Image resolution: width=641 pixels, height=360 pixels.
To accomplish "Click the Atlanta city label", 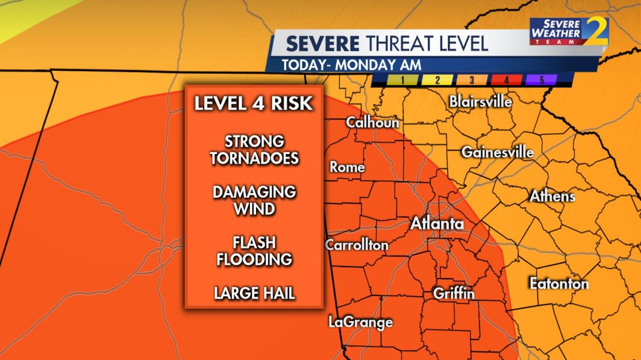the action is pos(437,224).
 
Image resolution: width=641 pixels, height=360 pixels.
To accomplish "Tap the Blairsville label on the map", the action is pos(480,102).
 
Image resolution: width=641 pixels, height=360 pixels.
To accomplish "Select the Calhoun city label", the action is pos(373,123).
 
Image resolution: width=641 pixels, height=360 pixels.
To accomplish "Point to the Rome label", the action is pos(347,167).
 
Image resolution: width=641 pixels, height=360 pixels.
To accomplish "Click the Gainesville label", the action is pos(497,152).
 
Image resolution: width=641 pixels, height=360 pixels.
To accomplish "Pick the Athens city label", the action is pos(552,196).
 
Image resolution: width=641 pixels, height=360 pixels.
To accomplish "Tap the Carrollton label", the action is pos(356,245).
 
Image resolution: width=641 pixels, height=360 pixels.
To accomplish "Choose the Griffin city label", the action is pos(454,293).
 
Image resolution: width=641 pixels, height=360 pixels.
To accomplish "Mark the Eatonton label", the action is pos(559,284).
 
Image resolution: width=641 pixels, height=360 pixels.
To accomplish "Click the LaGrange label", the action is pos(360,322).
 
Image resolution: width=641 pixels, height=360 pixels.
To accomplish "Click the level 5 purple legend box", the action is pos(541,80).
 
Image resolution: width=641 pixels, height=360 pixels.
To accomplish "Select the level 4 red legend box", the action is pos(506,80).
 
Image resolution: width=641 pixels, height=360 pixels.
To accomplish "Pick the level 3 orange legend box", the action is pos(472,80).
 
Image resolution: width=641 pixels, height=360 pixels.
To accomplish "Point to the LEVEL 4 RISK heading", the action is pos(254,104).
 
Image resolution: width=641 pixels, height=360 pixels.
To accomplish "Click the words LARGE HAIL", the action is pos(254,293).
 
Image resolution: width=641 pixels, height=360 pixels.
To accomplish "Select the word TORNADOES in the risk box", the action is pos(254,158).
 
